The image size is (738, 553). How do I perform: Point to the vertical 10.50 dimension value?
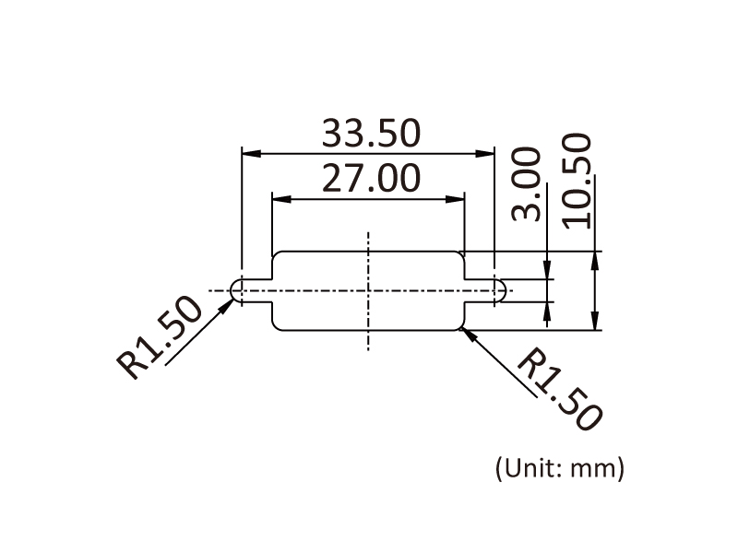pos(577,180)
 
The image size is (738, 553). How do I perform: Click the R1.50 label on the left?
pos(160,337)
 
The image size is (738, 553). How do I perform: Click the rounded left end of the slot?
pos(234,291)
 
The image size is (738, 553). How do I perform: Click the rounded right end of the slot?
pos(503,291)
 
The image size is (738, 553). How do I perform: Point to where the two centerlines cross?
pos(368,291)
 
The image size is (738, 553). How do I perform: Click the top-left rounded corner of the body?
pos(276,255)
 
